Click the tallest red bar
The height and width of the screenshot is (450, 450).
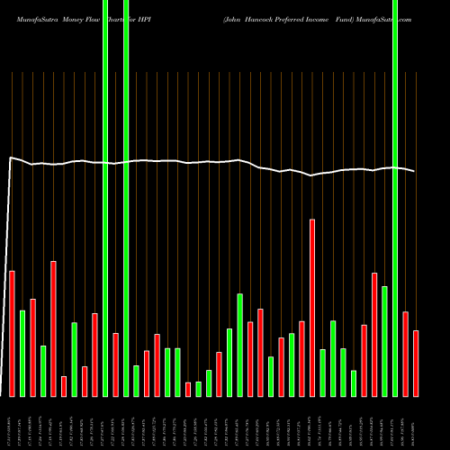pos(312,306)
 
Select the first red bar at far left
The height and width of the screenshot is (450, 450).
pos(12,333)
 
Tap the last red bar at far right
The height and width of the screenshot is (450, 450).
pos(416,363)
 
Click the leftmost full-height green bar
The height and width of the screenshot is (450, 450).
pos(105,198)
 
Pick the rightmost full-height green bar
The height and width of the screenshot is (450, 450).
pos(395,198)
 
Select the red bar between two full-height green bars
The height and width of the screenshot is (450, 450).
pos(116,364)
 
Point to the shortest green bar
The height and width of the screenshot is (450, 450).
pos(199,389)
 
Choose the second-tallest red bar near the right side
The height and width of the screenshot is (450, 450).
pos(374,334)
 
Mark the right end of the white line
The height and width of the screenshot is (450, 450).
pos(415,171)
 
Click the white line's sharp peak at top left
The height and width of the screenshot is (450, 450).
pos(10,158)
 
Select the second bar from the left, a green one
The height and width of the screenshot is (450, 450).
pos(22,353)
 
